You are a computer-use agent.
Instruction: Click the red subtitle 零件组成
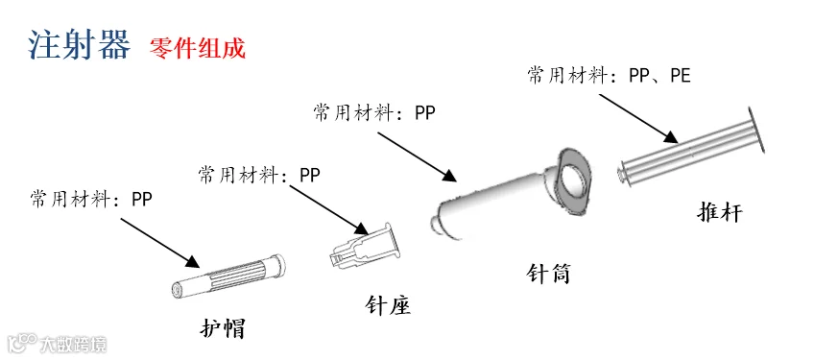coord(198,49)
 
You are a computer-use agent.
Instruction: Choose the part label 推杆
coord(720,212)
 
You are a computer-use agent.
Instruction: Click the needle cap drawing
coord(227,276)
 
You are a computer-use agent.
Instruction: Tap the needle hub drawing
coord(365,245)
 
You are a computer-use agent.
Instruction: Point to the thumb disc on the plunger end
coord(757,130)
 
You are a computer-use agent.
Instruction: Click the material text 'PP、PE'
coord(659,77)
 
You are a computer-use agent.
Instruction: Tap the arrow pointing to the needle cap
coord(160,244)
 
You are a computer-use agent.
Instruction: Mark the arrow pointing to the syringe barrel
coord(417,156)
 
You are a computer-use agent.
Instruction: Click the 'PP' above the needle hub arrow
coord(310,175)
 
